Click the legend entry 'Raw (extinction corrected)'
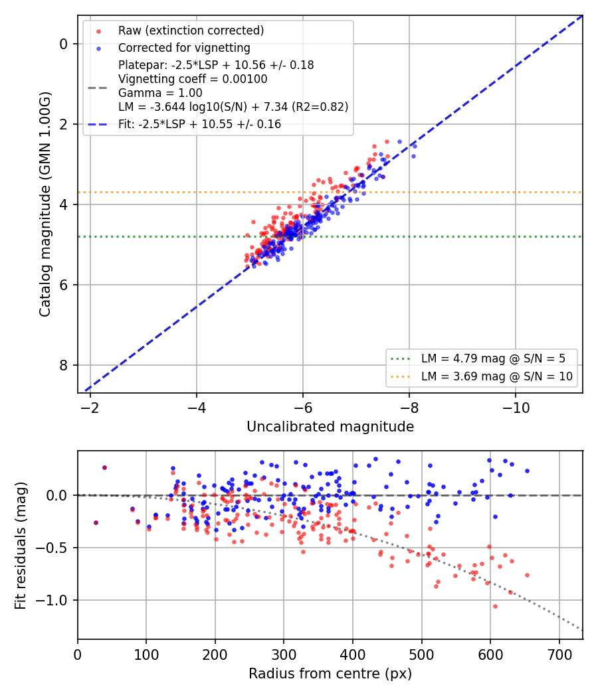pyautogui.click(x=191, y=31)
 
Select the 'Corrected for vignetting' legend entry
pyautogui.click(x=184, y=48)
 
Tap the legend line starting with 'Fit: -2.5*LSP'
pyautogui.click(x=200, y=124)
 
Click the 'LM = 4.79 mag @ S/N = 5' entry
pyautogui.click(x=494, y=358)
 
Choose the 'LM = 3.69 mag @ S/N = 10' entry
pyautogui.click(x=497, y=376)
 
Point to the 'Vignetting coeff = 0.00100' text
pyautogui.click(x=193, y=79)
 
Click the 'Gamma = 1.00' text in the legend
pyautogui.click(x=160, y=93)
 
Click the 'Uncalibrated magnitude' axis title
pyautogui.click(x=330, y=427)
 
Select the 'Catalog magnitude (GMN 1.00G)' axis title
pyautogui.click(x=45, y=204)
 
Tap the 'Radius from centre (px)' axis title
pyautogui.click(x=330, y=674)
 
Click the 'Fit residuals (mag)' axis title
pyautogui.click(x=21, y=546)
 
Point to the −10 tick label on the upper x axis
pyautogui.click(x=516, y=407)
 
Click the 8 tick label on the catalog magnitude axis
pyautogui.click(x=64, y=365)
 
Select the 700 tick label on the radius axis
pyautogui.click(x=559, y=655)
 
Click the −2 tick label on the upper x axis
pyautogui.click(x=90, y=407)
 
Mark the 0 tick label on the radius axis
pyautogui.click(x=78, y=655)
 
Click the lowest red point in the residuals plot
pyautogui.click(x=495, y=606)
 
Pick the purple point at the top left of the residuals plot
pyautogui.click(x=104, y=467)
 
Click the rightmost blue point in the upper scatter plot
pyautogui.click(x=415, y=146)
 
